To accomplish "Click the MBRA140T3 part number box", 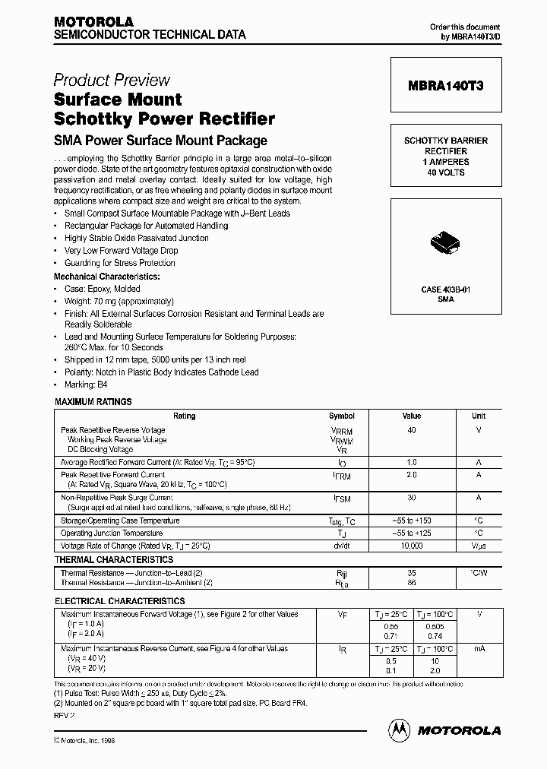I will coord(445,87).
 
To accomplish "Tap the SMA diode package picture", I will coord(444,243).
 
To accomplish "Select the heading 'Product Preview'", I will coord(112,81).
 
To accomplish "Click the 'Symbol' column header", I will coord(342,416).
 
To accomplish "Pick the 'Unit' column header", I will coord(479,416).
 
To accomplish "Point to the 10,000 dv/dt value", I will coord(412,546).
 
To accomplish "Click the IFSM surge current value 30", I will coord(412,498).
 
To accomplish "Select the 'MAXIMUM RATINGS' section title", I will coord(93,402).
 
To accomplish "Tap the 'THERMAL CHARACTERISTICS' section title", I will coord(114,560).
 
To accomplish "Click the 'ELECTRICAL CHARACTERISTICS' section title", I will coord(120,601).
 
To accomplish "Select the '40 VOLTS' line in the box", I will coord(445,172).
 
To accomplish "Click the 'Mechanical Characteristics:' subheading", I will coord(107,277).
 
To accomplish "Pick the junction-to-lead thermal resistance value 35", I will coord(412,573).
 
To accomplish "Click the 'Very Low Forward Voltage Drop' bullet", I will coord(122,251).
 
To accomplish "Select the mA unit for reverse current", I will coord(479,649).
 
